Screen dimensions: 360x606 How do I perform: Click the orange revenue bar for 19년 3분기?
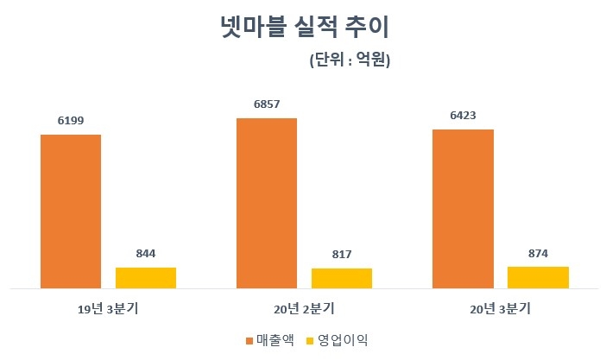coord(71,211)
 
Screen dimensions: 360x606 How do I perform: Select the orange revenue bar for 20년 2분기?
coord(267,203)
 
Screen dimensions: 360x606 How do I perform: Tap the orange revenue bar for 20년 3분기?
coord(463,208)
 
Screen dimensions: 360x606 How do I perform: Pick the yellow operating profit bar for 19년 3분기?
coord(146,277)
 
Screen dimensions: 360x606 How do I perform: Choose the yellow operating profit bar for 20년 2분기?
coord(342,278)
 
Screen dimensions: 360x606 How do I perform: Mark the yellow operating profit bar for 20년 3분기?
coord(538,277)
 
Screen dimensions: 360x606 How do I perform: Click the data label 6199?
coord(71,120)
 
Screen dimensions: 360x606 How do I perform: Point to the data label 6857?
coord(267,104)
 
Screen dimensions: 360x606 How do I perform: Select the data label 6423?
coord(463,115)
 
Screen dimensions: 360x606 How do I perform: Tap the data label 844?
coord(146,253)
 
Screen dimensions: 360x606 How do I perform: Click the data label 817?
coord(342,254)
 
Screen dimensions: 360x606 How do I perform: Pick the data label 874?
coord(538,252)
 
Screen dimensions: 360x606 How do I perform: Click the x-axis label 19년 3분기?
coord(108,307)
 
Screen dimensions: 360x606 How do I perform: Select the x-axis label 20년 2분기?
coord(304,307)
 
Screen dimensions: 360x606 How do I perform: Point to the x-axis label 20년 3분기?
coord(500,307)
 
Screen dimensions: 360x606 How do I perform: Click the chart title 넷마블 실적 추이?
coord(304,28)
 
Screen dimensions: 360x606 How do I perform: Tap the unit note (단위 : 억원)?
coord(350,61)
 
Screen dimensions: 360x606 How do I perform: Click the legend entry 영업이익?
coord(342,339)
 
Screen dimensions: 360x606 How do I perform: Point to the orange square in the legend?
coord(249,340)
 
